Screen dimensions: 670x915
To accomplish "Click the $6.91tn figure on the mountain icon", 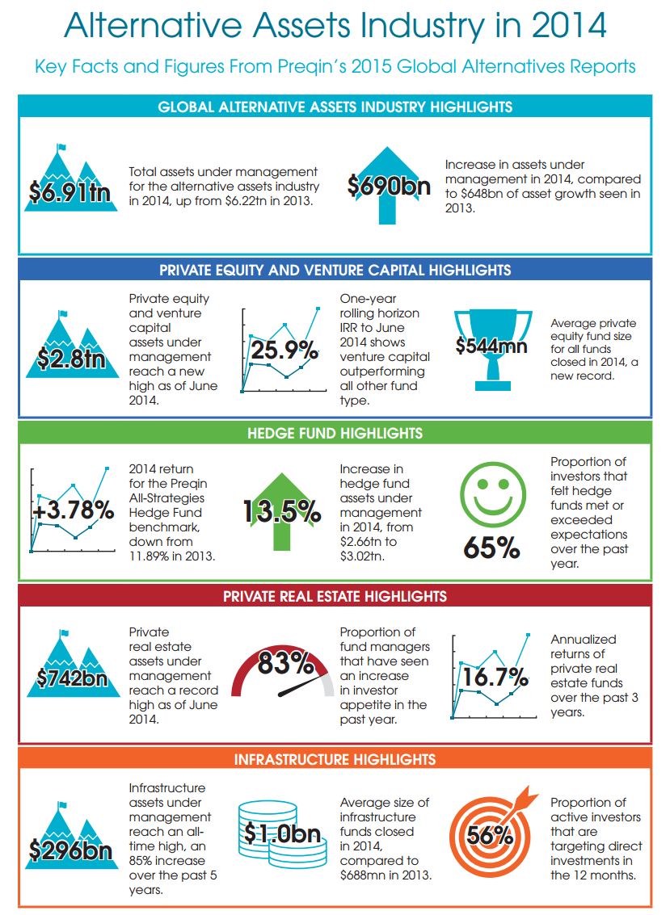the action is pos(70,192).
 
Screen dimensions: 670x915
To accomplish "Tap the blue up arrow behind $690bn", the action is pos(386,185).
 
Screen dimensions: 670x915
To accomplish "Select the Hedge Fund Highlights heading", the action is pos(335,434).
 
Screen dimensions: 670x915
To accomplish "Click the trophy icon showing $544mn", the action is pos(493,349).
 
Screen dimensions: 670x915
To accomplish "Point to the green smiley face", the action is pos(492,495).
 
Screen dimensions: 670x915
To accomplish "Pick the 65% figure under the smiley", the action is pos(491,548).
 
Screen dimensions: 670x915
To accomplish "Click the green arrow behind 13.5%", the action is pos(282,511).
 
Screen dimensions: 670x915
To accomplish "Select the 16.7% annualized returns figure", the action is pos(495,677).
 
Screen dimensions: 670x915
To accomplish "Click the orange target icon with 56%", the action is pos(491,832).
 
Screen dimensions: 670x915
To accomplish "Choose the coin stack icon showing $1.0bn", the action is pos(283,833).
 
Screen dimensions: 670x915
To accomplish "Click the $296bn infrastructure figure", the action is pos(70,851).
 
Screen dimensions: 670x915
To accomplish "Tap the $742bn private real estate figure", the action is pos(72,678).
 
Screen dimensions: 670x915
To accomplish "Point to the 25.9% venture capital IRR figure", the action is pos(284,350).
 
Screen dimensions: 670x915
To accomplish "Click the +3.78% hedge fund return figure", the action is pos(74,510).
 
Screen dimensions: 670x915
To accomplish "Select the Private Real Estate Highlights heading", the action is pos(335,596).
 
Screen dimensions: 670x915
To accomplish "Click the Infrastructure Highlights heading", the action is pos(335,760).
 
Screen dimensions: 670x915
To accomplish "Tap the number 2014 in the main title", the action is pos(569,26).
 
